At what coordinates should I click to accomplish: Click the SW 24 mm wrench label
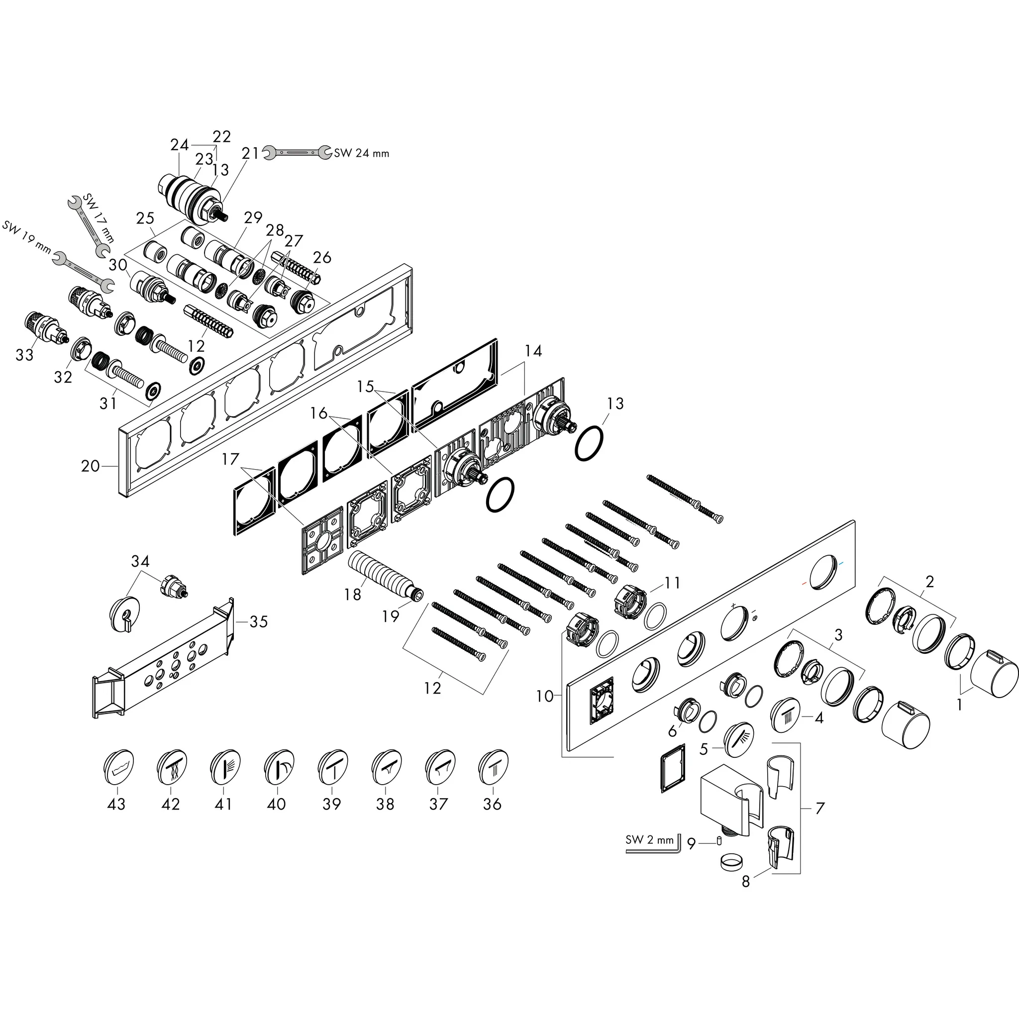click(x=361, y=153)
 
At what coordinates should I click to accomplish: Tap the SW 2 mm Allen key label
click(x=649, y=840)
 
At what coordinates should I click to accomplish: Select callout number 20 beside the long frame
click(x=90, y=466)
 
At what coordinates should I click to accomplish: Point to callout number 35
click(x=258, y=621)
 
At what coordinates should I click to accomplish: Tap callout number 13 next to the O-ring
click(x=615, y=404)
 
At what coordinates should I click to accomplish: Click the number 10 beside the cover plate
click(x=545, y=696)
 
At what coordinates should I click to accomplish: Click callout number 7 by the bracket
click(x=818, y=808)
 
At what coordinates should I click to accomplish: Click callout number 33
click(x=25, y=355)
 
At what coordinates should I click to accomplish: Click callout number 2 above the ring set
click(x=930, y=582)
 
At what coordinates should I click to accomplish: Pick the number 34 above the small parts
click(x=140, y=561)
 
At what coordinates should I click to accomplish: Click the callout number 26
click(x=322, y=257)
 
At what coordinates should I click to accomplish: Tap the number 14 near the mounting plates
click(x=534, y=351)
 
